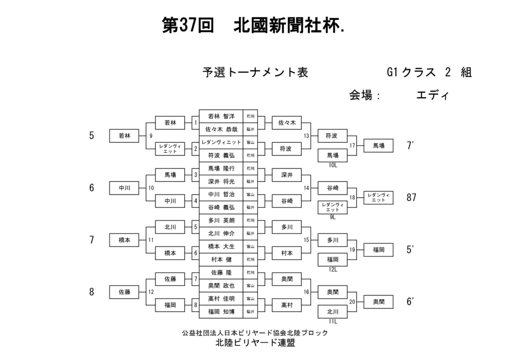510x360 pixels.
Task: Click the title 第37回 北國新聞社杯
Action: pyautogui.click(x=254, y=25)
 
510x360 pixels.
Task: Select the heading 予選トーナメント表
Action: pyautogui.click(x=255, y=73)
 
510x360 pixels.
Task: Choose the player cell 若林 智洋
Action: pyautogui.click(x=221, y=116)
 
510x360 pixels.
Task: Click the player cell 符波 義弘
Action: pyautogui.click(x=221, y=155)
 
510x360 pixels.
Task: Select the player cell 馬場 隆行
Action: pyautogui.click(x=221, y=168)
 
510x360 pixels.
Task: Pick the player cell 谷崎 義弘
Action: pyautogui.click(x=221, y=207)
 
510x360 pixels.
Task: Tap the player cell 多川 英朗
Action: pyautogui.click(x=221, y=220)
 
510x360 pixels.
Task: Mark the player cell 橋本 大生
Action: pyautogui.click(x=221, y=246)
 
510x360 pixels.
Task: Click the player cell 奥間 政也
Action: pyautogui.click(x=221, y=285)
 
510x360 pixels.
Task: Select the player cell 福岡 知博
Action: pyautogui.click(x=221, y=312)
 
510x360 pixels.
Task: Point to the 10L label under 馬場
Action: pyautogui.click(x=333, y=165)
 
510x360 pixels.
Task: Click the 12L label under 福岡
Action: pyautogui.click(x=333, y=269)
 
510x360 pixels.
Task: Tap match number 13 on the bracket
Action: pyautogui.click(x=306, y=135)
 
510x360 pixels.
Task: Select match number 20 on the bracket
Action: pyautogui.click(x=352, y=302)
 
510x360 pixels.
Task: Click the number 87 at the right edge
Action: pyautogui.click(x=411, y=198)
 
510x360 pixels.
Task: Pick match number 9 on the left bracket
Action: pyautogui.click(x=151, y=135)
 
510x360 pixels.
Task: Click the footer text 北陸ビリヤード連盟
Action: pyautogui.click(x=255, y=343)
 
